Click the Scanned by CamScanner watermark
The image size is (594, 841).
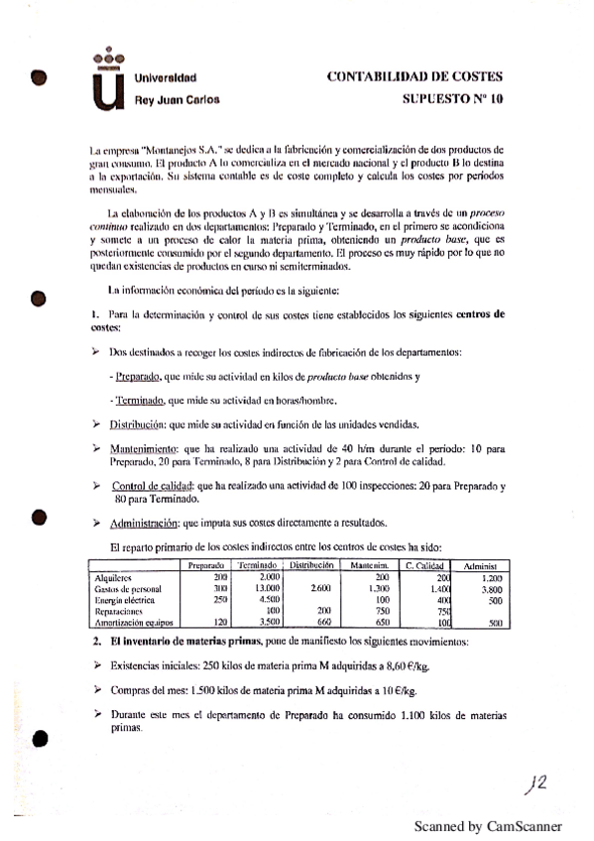(488, 825)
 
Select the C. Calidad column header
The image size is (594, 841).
(423, 565)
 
